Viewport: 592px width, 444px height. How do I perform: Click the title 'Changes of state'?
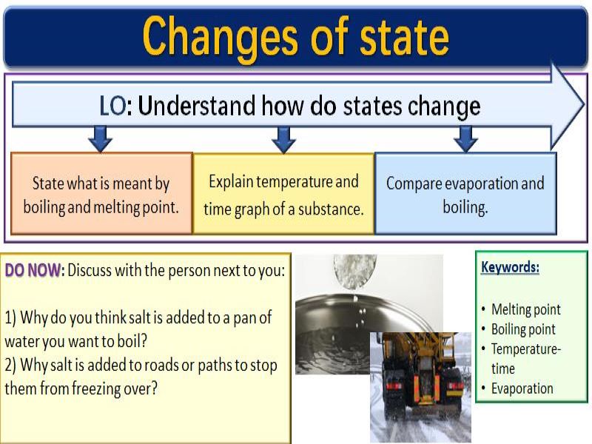click(x=295, y=36)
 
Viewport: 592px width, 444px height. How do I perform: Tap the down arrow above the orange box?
click(x=100, y=138)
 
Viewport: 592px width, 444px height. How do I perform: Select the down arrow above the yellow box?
click(x=283, y=138)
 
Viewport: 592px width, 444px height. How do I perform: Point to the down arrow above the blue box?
click(x=465, y=138)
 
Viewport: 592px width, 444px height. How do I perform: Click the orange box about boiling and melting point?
click(x=101, y=194)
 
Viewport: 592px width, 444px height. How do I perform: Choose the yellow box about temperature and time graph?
click(x=283, y=195)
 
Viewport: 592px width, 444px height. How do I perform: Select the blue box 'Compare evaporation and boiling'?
click(x=465, y=194)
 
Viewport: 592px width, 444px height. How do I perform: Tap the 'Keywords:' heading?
click(x=510, y=267)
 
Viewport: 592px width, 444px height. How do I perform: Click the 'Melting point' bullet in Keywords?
click(x=525, y=309)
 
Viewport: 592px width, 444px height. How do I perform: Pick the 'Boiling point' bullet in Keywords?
click(x=522, y=329)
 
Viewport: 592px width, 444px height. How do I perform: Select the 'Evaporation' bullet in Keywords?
click(x=522, y=388)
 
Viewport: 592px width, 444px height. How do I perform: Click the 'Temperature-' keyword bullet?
click(x=525, y=349)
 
